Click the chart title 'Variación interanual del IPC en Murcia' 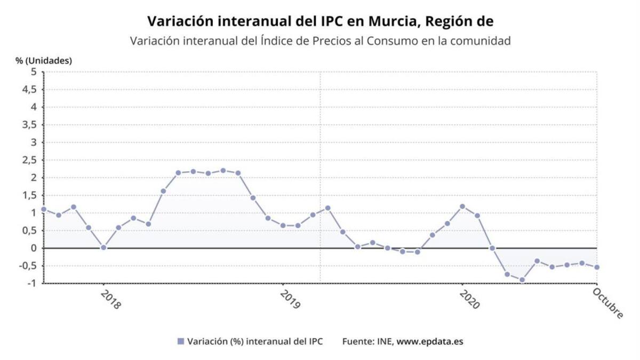pyautogui.click(x=320, y=21)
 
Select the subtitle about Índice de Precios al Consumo pyautogui.click(x=320, y=41)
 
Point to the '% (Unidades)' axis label pyautogui.click(x=44, y=60)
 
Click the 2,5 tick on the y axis pyautogui.click(x=30, y=160)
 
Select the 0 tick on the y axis pyautogui.click(x=34, y=248)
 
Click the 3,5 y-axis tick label pyautogui.click(x=30, y=125)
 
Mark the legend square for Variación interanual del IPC pyautogui.click(x=180, y=341)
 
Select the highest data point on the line pyautogui.click(x=223, y=171)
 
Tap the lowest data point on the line pyautogui.click(x=522, y=280)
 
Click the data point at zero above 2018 pyautogui.click(x=103, y=247)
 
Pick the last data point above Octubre pyautogui.click(x=597, y=267)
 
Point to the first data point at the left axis pyautogui.click(x=44, y=210)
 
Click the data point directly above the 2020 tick pyautogui.click(x=462, y=206)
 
